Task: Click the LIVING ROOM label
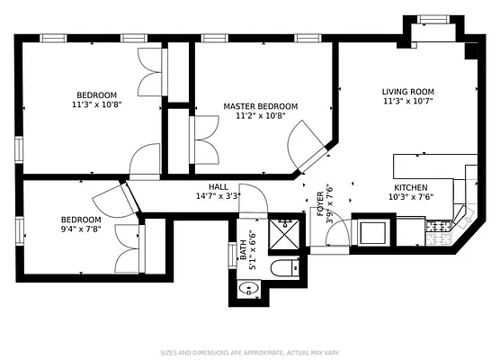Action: [407, 90]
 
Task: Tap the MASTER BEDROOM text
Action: [260, 106]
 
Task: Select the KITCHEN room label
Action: [410, 187]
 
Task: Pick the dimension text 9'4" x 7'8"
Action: [81, 229]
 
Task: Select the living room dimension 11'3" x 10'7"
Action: [407, 100]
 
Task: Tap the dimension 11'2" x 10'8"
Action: [260, 116]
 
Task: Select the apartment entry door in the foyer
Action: [335, 236]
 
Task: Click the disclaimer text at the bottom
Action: [249, 352]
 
